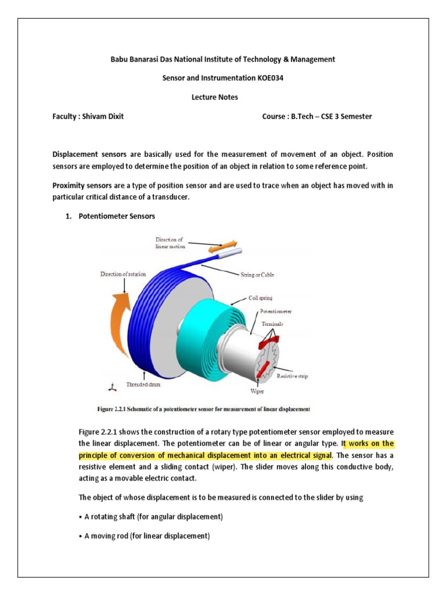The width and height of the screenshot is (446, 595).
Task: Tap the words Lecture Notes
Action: click(215, 98)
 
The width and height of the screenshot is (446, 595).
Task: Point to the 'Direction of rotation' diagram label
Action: click(123, 274)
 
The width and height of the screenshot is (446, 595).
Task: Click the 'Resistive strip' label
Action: click(292, 377)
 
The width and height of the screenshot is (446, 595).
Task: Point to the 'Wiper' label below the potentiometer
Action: click(257, 390)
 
